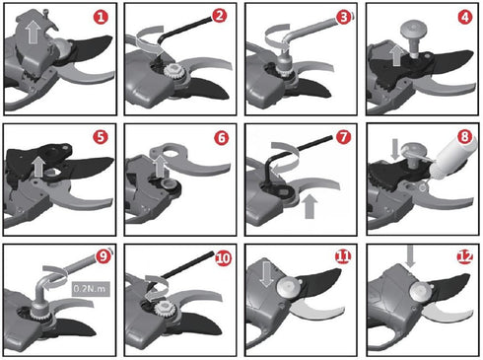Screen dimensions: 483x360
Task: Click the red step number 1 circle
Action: point(101,17)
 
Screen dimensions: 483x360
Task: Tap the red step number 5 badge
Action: point(101,137)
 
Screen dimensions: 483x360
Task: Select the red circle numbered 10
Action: point(223,258)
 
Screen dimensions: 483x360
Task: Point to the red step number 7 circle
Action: point(343,137)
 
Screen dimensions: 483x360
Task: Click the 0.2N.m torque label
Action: point(90,289)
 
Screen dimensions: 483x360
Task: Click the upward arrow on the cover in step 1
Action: point(33,32)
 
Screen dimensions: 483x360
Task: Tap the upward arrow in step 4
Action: point(397,55)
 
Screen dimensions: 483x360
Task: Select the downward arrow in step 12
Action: point(410,255)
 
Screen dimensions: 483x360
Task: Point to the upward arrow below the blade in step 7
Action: point(310,206)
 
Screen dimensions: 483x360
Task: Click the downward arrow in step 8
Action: point(395,149)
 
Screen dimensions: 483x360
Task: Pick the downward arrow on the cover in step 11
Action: point(266,273)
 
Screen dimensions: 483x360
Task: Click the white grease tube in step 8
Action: point(452,159)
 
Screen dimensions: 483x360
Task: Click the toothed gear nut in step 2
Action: point(172,72)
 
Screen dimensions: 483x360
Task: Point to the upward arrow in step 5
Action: point(39,167)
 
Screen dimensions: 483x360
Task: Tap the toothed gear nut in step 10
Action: point(164,309)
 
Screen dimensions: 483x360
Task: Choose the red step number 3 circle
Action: point(344,17)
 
